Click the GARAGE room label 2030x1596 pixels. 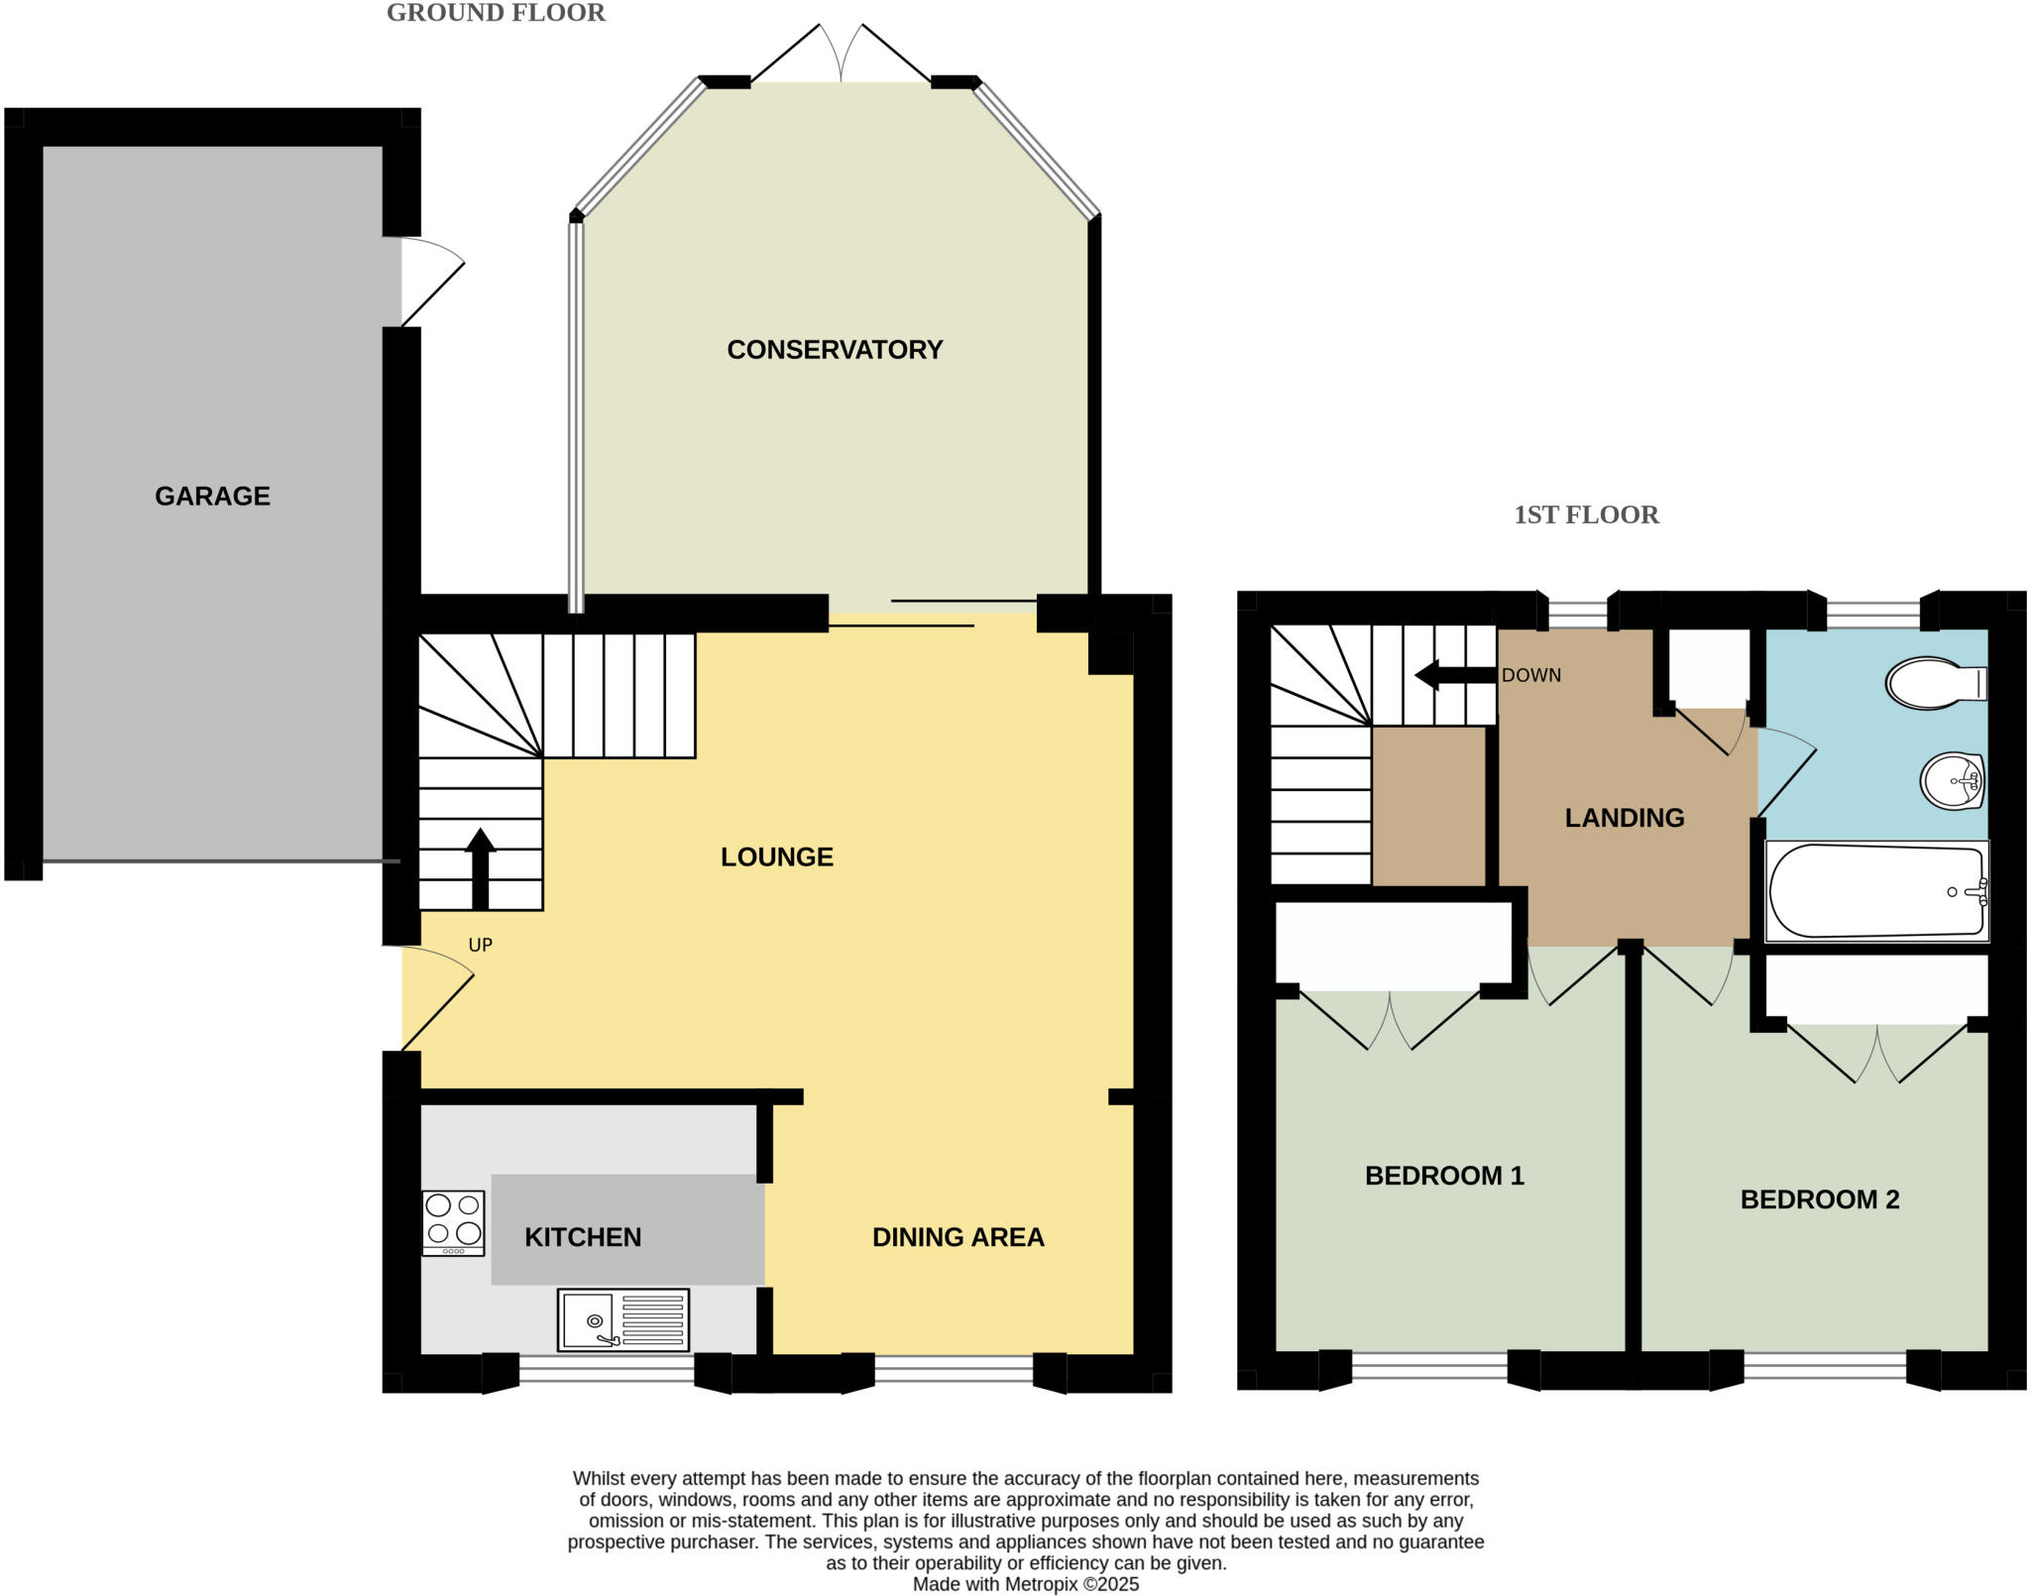(212, 496)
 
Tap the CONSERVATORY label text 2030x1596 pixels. (835, 350)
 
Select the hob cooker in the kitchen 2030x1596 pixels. (453, 1222)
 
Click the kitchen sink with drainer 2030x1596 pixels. (622, 1319)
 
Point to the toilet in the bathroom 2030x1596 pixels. (1934, 683)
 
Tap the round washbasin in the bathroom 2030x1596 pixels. (1952, 781)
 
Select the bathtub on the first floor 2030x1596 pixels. (1875, 890)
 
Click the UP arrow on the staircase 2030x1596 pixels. (480, 868)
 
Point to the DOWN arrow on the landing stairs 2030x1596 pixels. (1454, 675)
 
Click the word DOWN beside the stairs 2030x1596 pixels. (1530, 675)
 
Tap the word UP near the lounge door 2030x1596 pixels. (480, 945)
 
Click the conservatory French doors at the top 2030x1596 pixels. (841, 55)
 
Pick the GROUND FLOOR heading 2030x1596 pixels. (496, 13)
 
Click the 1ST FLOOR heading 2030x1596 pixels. (1586, 514)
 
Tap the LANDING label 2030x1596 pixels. (1624, 818)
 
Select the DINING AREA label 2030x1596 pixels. (958, 1237)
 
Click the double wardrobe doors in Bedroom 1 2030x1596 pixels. (1390, 1021)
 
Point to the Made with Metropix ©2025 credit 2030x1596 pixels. (1025, 1584)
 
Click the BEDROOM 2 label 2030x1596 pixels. (1819, 1199)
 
